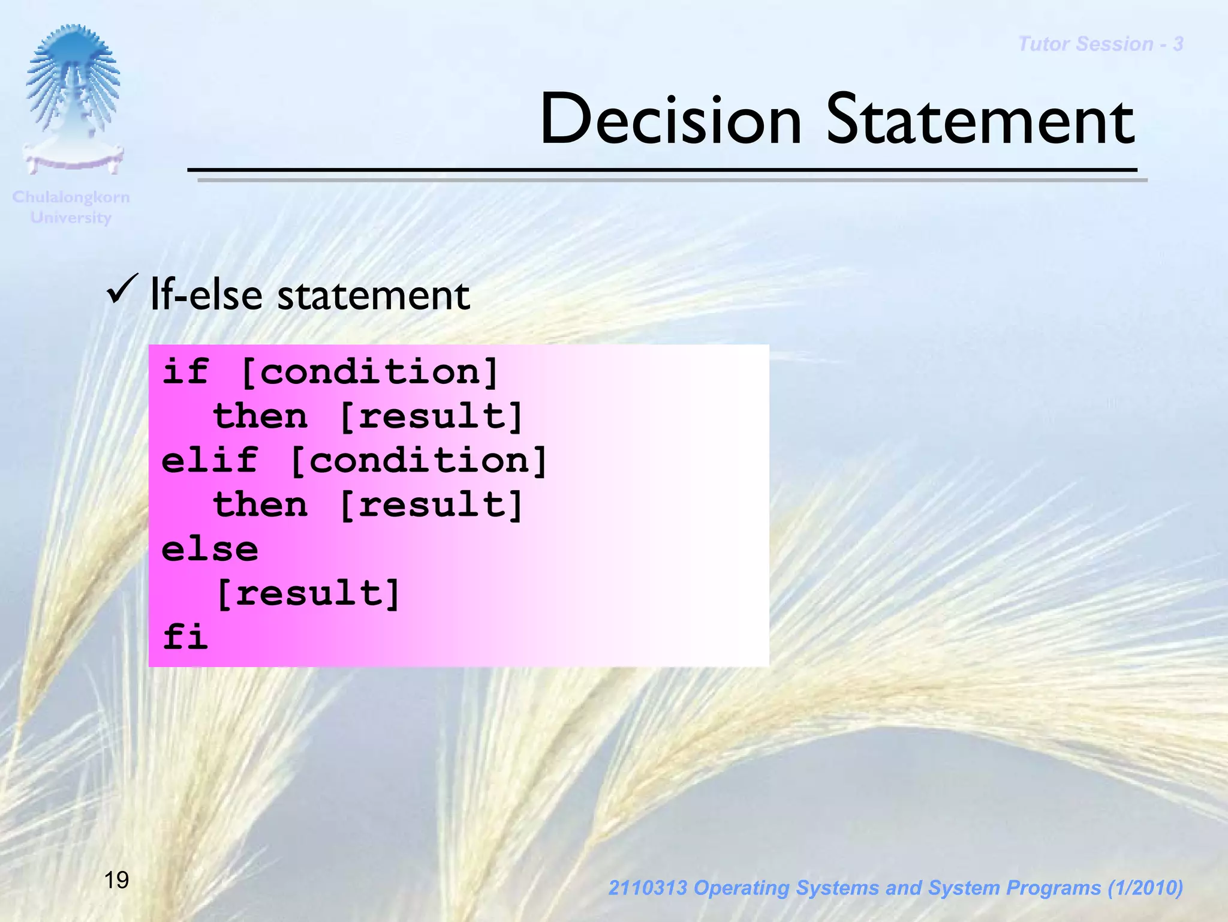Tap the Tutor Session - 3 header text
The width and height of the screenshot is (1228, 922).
(1100, 44)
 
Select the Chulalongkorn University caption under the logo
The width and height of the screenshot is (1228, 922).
(71, 207)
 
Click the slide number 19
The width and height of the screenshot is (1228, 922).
(116, 880)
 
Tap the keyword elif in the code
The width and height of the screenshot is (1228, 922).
(210, 461)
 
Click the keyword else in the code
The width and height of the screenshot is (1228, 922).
(210, 549)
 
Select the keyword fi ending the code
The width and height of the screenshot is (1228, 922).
(185, 637)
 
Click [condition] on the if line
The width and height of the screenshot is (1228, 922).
(369, 372)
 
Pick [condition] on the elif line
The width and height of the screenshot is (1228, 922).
(419, 461)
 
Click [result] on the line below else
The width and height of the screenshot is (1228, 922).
(308, 593)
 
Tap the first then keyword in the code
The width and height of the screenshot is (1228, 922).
(260, 416)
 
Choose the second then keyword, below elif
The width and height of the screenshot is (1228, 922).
(260, 504)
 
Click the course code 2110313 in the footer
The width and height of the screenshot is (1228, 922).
(648, 888)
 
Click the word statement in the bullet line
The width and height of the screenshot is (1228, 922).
(374, 295)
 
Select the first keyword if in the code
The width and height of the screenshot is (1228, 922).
(185, 372)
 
